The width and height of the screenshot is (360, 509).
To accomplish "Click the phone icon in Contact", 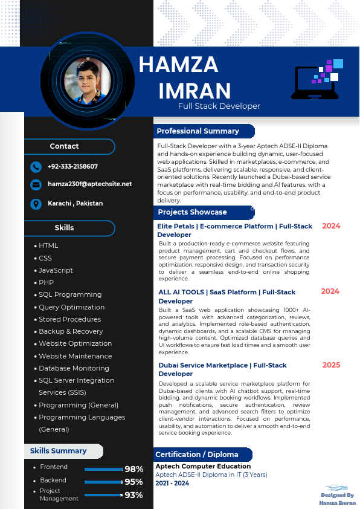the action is pos(36,167).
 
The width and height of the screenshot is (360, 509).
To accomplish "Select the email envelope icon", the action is pos(36,185).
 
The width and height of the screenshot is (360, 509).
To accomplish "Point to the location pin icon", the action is pos(36,204).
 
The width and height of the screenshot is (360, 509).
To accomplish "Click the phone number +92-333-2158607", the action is pos(72,166).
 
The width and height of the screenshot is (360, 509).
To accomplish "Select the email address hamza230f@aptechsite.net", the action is pos(89,184).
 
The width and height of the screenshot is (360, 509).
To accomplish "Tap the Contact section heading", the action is pos(65,146).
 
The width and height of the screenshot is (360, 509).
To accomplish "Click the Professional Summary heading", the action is pos(198,131).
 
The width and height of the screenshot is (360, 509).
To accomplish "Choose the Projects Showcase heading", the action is pos(193,212).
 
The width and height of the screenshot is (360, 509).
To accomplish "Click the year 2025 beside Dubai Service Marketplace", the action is pos(331,365).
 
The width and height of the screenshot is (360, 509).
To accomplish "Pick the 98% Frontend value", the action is pos(133,469).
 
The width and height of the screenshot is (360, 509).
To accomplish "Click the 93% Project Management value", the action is pos(133,496).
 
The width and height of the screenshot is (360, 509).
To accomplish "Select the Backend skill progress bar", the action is pos(103,482).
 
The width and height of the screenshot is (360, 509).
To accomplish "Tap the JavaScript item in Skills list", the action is pos(56,270).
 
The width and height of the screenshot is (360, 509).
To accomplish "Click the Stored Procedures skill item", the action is pos(69,319).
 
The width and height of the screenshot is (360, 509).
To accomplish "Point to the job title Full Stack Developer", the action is pos(219,106).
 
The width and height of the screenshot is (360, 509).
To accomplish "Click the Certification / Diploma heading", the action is pos(197,455).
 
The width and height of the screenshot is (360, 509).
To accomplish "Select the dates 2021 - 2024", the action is pos(172,484).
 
